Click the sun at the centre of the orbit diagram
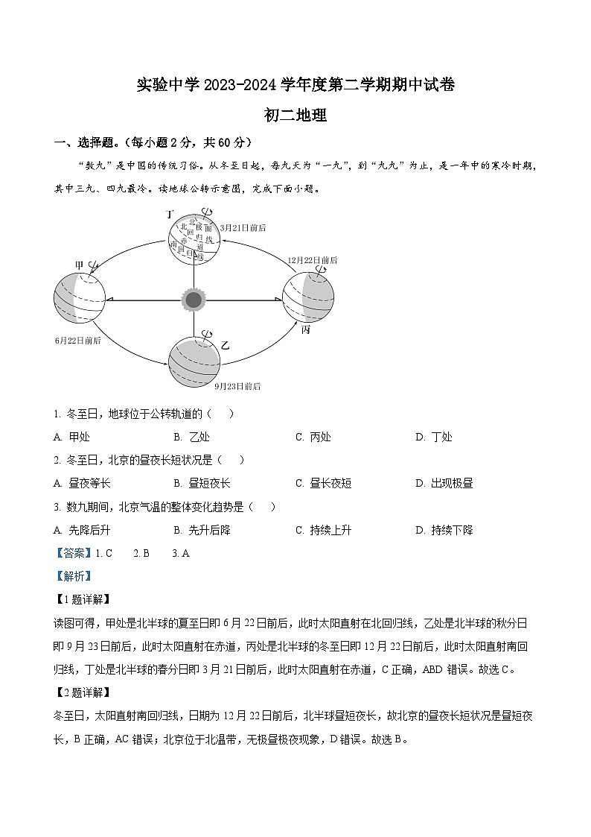[194, 300]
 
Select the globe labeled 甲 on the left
[80, 299]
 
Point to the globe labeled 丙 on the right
[307, 297]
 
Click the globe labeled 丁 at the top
[194, 239]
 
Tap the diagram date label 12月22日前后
[313, 260]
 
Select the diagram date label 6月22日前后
[77, 340]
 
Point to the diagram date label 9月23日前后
[237, 387]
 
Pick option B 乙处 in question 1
[191, 437]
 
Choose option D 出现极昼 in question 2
[444, 483]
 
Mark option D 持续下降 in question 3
[444, 530]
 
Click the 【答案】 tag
[72, 553]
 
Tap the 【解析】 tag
[72, 575]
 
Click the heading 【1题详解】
[82, 598]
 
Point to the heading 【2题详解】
[82, 692]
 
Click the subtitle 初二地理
[295, 116]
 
